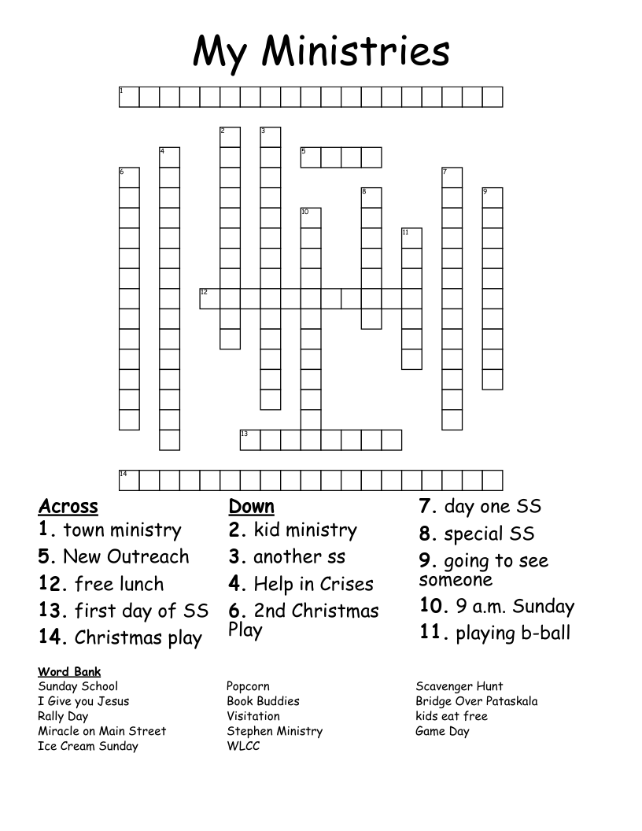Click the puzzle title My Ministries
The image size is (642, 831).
pyautogui.click(x=321, y=52)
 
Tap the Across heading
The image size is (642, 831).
pyautogui.click(x=68, y=506)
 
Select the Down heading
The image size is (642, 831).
pyautogui.click(x=251, y=506)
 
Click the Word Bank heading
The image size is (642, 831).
pyautogui.click(x=69, y=672)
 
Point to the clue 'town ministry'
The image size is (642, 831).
pyautogui.click(x=110, y=530)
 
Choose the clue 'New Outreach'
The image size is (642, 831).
pyautogui.click(x=114, y=557)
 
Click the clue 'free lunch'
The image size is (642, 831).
pyautogui.click(x=101, y=585)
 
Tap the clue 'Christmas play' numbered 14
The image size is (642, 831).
pyautogui.click(x=120, y=638)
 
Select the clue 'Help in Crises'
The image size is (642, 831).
pyautogui.click(x=301, y=585)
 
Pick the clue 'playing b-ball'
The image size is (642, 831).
pyautogui.click(x=495, y=633)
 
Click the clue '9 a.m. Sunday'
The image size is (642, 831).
pyautogui.click(x=497, y=607)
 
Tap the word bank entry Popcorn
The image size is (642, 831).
pyautogui.click(x=248, y=686)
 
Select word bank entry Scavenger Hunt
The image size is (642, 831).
pyautogui.click(x=459, y=686)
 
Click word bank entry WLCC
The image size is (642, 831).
pyautogui.click(x=243, y=746)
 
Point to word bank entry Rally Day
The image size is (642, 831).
pyautogui.click(x=63, y=716)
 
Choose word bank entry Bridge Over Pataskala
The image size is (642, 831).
pyautogui.click(x=477, y=701)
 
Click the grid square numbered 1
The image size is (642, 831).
pyautogui.click(x=129, y=97)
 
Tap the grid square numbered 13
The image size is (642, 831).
pyautogui.click(x=249, y=439)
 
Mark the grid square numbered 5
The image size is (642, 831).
pyautogui.click(x=310, y=157)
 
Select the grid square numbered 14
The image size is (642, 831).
pyautogui.click(x=129, y=480)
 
